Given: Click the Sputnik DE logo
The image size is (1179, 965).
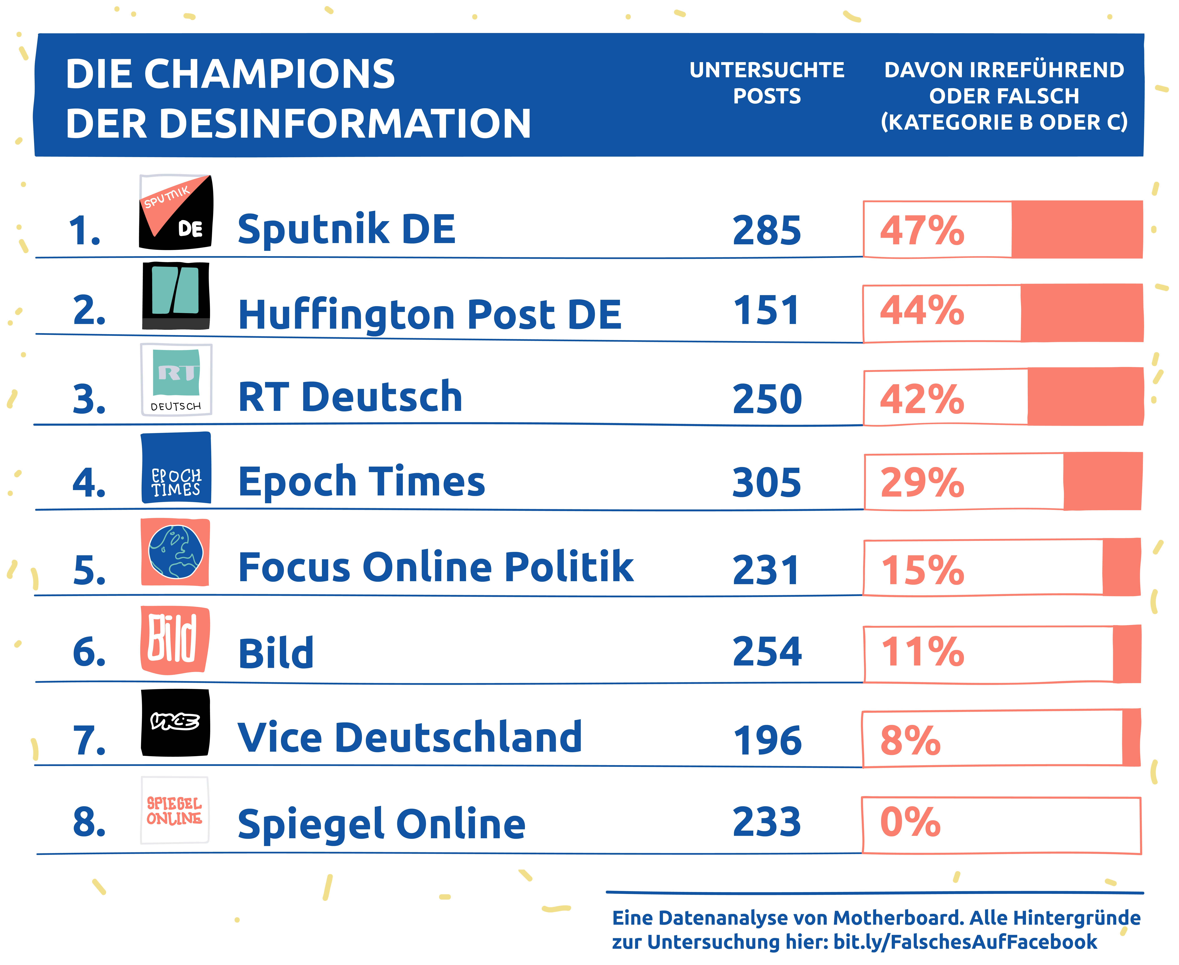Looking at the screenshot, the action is point(176,212).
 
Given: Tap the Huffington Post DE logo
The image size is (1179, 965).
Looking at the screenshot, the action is point(176,296).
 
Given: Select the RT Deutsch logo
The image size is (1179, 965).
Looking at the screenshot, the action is point(176,380).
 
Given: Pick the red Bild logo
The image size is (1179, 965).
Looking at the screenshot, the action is point(175,640).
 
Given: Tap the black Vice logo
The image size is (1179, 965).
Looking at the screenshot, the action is point(175,723).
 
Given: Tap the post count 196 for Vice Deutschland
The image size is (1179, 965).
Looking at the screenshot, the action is point(768,740).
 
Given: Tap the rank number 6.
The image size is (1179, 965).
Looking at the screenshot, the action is point(89,651).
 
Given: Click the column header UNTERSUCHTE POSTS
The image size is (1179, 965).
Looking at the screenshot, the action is point(767,83).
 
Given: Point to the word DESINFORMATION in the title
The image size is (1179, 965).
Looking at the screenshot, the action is point(346,123).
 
